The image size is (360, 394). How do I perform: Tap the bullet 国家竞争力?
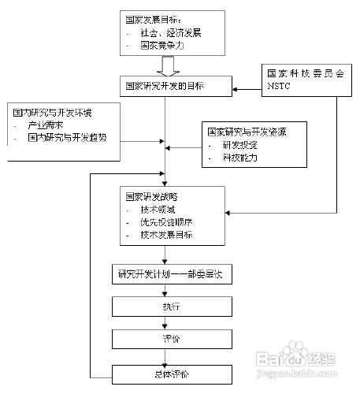(x=158, y=46)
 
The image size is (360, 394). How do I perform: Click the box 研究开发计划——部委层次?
(x=168, y=274)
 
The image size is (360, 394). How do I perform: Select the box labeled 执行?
(x=168, y=306)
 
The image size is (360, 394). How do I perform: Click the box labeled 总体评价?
(x=168, y=372)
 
